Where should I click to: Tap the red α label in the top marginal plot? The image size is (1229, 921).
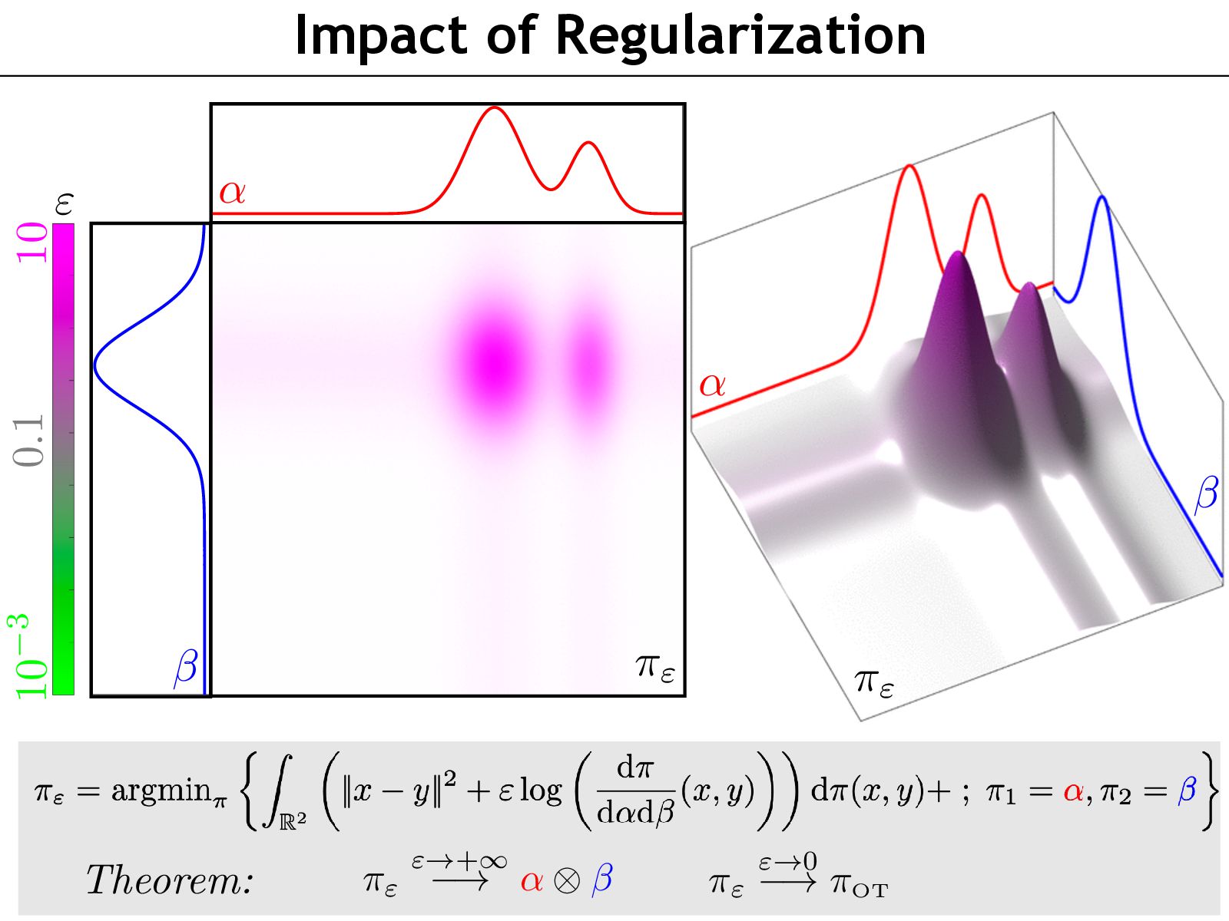pos(232,190)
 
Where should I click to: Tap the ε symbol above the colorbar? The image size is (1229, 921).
pos(64,204)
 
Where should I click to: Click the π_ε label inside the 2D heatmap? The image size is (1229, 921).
pos(655,666)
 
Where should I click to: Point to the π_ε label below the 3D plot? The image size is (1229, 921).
pos(874,682)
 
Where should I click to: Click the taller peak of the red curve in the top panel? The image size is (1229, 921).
pos(493,108)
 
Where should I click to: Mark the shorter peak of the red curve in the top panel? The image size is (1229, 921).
pos(588,143)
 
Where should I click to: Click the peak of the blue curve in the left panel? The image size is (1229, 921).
pos(95,365)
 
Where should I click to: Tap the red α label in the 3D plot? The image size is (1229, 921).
pos(712,384)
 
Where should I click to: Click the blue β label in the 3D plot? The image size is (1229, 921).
pos(1206,493)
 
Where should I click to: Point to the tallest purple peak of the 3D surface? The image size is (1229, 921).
pos(956,255)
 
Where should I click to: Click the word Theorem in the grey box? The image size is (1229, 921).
pos(169,880)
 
